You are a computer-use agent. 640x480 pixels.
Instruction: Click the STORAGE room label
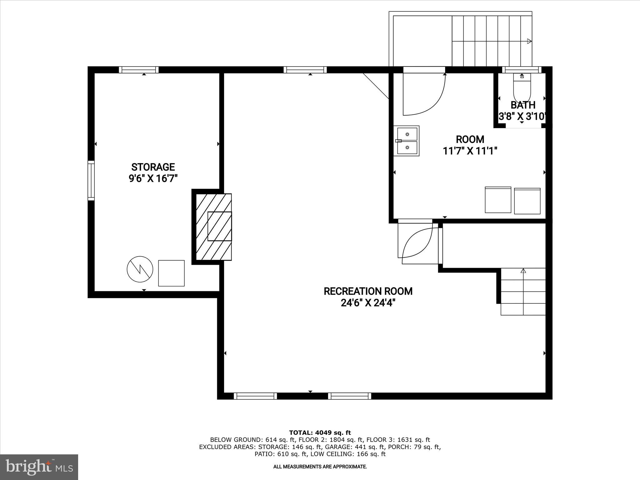153,167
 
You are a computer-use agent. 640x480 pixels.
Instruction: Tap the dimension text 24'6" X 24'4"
368,303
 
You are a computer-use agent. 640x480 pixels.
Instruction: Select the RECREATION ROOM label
368,291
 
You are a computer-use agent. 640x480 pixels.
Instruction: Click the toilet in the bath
522,87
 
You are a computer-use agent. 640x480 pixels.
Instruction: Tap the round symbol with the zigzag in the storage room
140,269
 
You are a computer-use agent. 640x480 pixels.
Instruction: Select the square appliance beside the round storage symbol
171,273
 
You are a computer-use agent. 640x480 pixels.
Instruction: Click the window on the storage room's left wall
91,181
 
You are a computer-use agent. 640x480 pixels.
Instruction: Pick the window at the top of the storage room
139,70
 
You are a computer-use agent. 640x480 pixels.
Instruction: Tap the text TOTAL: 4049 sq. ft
320,433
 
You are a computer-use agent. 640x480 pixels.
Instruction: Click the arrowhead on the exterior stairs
529,41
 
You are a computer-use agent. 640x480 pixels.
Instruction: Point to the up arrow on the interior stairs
523,271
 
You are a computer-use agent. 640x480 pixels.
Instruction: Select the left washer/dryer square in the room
498,200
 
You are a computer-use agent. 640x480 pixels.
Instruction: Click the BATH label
523,105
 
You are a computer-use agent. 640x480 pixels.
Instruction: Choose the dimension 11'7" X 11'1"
470,151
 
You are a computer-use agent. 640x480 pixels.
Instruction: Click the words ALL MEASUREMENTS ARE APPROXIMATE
320,467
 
